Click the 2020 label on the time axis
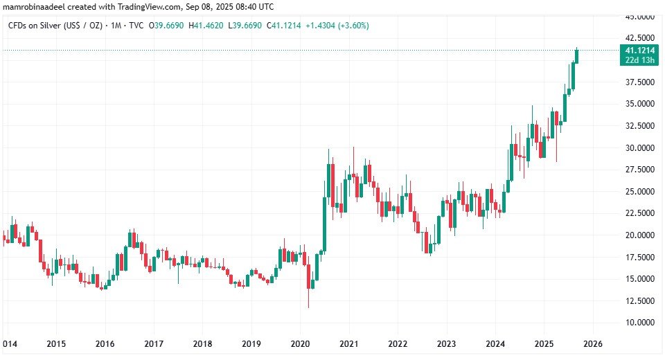300,343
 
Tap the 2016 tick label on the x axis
105,343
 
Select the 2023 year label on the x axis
446,343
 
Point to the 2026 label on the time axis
593,343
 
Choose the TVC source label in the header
137,26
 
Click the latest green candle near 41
577,55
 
